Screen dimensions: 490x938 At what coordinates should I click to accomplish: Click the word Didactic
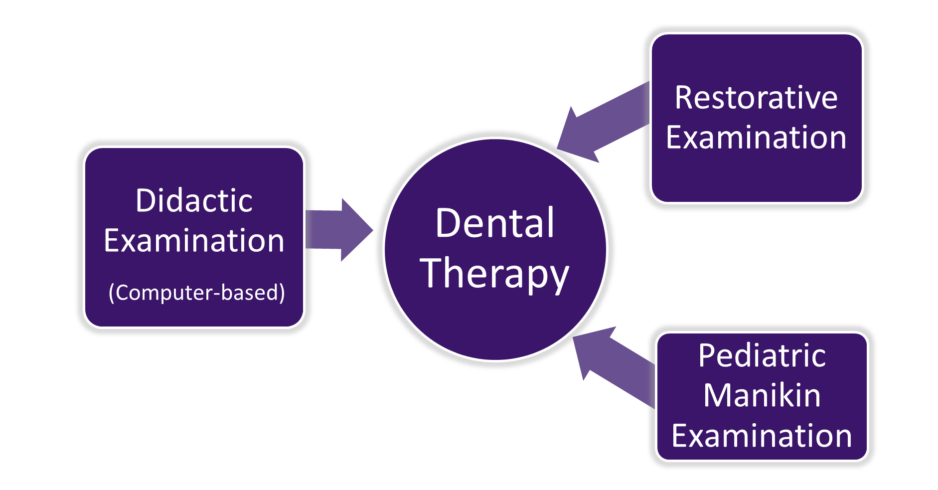(194, 201)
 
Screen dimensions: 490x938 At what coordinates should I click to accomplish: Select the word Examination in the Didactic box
(194, 241)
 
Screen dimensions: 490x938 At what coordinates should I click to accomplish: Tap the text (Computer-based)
(197, 293)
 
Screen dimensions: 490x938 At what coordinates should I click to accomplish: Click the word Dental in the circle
(494, 223)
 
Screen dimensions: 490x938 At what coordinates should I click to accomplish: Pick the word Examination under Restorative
(756, 138)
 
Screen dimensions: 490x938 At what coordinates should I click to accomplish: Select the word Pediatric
(762, 355)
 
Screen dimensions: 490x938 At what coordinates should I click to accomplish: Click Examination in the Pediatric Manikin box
(762, 436)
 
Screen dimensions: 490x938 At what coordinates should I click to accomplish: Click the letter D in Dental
(447, 223)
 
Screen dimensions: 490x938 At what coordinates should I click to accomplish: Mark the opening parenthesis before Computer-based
(112, 293)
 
